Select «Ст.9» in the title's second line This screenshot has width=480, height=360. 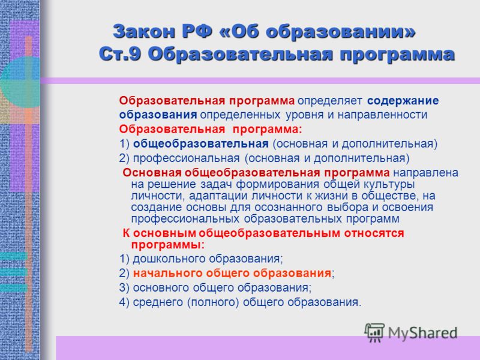tap(119, 55)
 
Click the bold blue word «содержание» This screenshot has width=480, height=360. tap(403, 101)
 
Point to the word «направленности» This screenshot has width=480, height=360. tap(382, 115)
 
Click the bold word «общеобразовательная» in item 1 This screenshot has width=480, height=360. tap(201, 143)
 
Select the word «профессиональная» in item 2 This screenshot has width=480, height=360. tap(187, 158)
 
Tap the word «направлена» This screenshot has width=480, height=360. tap(426, 173)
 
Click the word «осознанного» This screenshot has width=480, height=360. tap(289, 207)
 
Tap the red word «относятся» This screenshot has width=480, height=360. tap(374, 233)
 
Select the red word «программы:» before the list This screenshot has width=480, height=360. tap(168, 245)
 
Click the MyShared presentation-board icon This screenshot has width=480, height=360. tap(374, 332)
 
